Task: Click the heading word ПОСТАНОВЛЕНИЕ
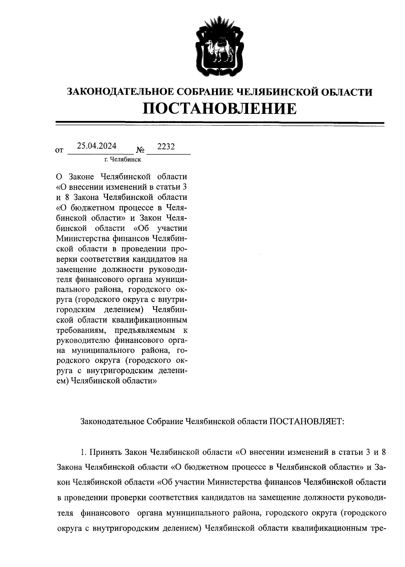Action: tap(220, 109)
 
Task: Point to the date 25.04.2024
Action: tap(97, 146)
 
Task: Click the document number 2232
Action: tap(166, 147)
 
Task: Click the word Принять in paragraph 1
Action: tap(107, 452)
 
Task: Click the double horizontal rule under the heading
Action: tap(220, 124)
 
